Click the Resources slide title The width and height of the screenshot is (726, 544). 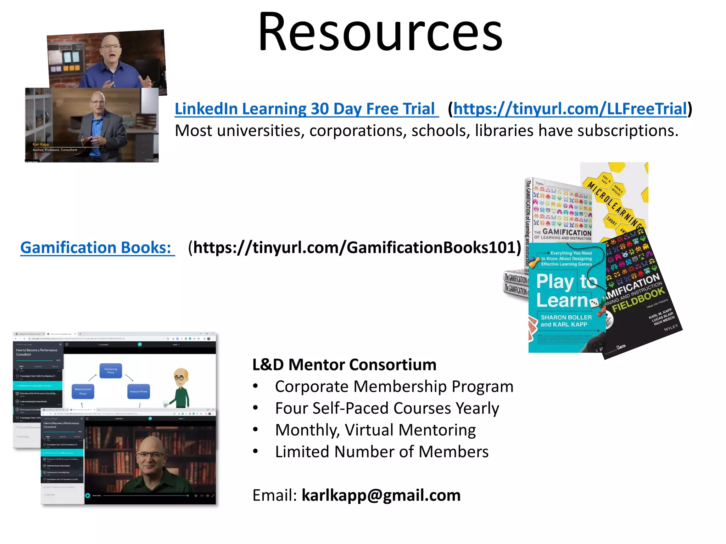coord(380,33)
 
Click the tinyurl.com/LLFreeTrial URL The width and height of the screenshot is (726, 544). coord(570,109)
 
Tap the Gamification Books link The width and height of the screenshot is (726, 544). coord(96,248)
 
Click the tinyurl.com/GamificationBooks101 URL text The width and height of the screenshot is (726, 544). coord(354,248)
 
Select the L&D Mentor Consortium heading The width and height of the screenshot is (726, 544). coord(344,365)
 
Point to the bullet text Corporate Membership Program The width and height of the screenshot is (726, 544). coord(394,386)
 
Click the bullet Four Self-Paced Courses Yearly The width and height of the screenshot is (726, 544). coord(387,408)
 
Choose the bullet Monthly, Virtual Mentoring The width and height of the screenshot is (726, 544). coord(375,430)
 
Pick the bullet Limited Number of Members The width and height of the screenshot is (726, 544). coord(381,452)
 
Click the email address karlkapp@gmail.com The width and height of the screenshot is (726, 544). coord(381,495)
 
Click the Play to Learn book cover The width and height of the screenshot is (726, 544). coord(566,297)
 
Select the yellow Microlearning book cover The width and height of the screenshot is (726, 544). coord(617,198)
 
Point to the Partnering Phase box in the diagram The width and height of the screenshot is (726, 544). coord(111,371)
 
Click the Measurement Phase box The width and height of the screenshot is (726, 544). coord(83,391)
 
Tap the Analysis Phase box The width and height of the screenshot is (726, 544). coord(138,391)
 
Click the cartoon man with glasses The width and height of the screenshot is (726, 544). coord(181,388)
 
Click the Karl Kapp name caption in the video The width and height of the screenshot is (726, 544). coord(41,144)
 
